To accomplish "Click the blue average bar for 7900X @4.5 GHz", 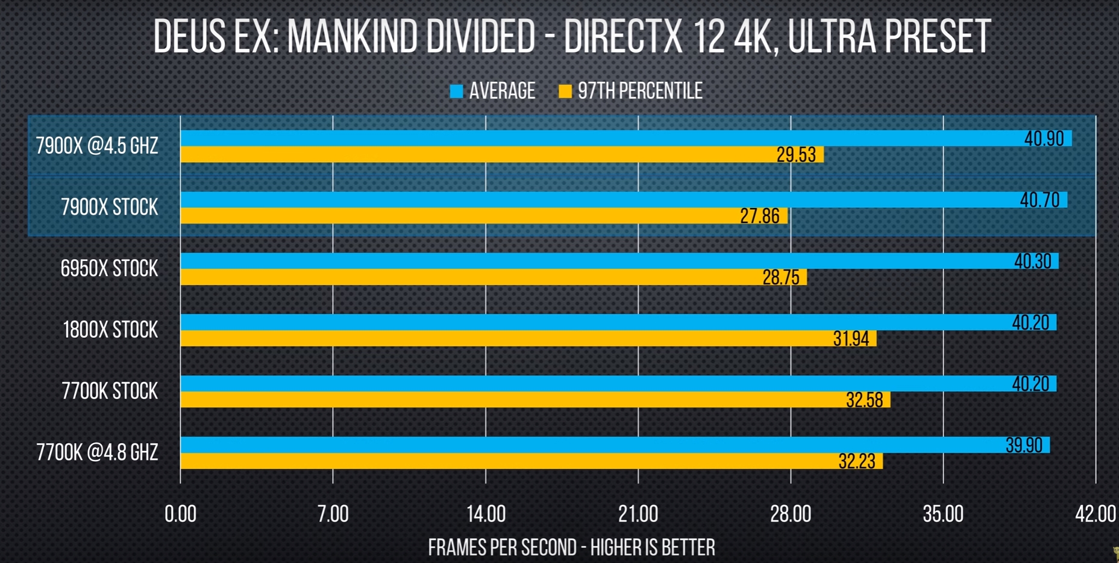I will (x=603, y=138).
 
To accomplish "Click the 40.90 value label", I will (x=1044, y=139).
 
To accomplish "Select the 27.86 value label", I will (x=759, y=216).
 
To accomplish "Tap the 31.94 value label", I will (x=851, y=339).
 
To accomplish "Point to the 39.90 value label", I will (x=1023, y=445).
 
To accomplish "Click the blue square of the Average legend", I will (x=456, y=91).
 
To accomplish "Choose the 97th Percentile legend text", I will (x=640, y=91).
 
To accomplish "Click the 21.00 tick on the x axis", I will (x=638, y=514).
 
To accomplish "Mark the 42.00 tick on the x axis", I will (x=1095, y=514).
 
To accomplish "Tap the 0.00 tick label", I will (x=180, y=514).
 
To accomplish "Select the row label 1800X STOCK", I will (x=110, y=330).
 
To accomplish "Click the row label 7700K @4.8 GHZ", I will (x=97, y=452).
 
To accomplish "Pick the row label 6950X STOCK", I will (x=109, y=268).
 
